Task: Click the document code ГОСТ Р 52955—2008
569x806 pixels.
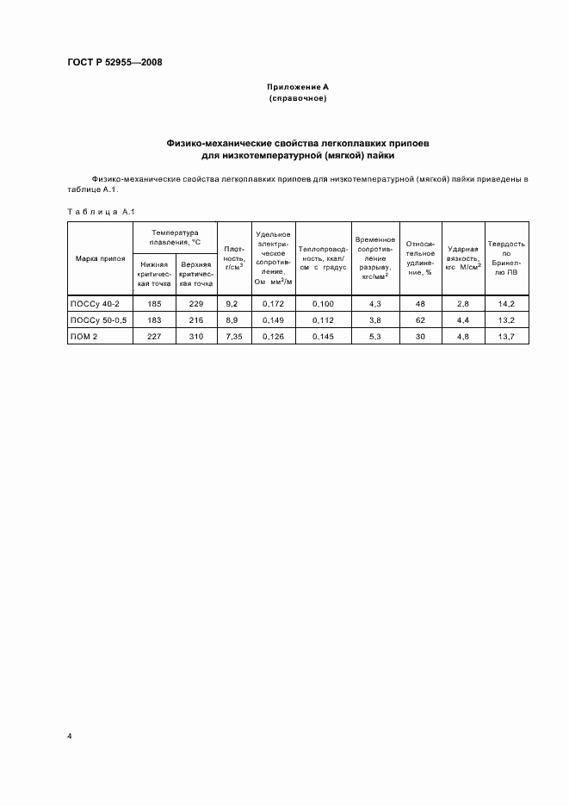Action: point(114,62)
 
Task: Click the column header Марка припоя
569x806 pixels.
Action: point(100,257)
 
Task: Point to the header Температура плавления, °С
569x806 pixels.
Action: point(175,237)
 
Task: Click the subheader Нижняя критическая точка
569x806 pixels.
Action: point(154,274)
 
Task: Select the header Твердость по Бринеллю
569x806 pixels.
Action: point(506,257)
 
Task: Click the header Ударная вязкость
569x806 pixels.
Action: point(463,257)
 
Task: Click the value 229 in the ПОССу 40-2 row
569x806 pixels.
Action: point(196,304)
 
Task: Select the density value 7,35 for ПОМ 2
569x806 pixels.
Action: point(232,335)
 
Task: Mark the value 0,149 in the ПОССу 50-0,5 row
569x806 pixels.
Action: point(273,319)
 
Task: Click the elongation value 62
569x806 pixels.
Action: point(420,319)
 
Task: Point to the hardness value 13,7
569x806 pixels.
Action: point(506,335)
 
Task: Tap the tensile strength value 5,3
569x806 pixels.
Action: point(374,335)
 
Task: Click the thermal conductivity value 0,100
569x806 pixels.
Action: point(323,304)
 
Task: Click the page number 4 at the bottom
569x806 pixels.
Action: point(69,737)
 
